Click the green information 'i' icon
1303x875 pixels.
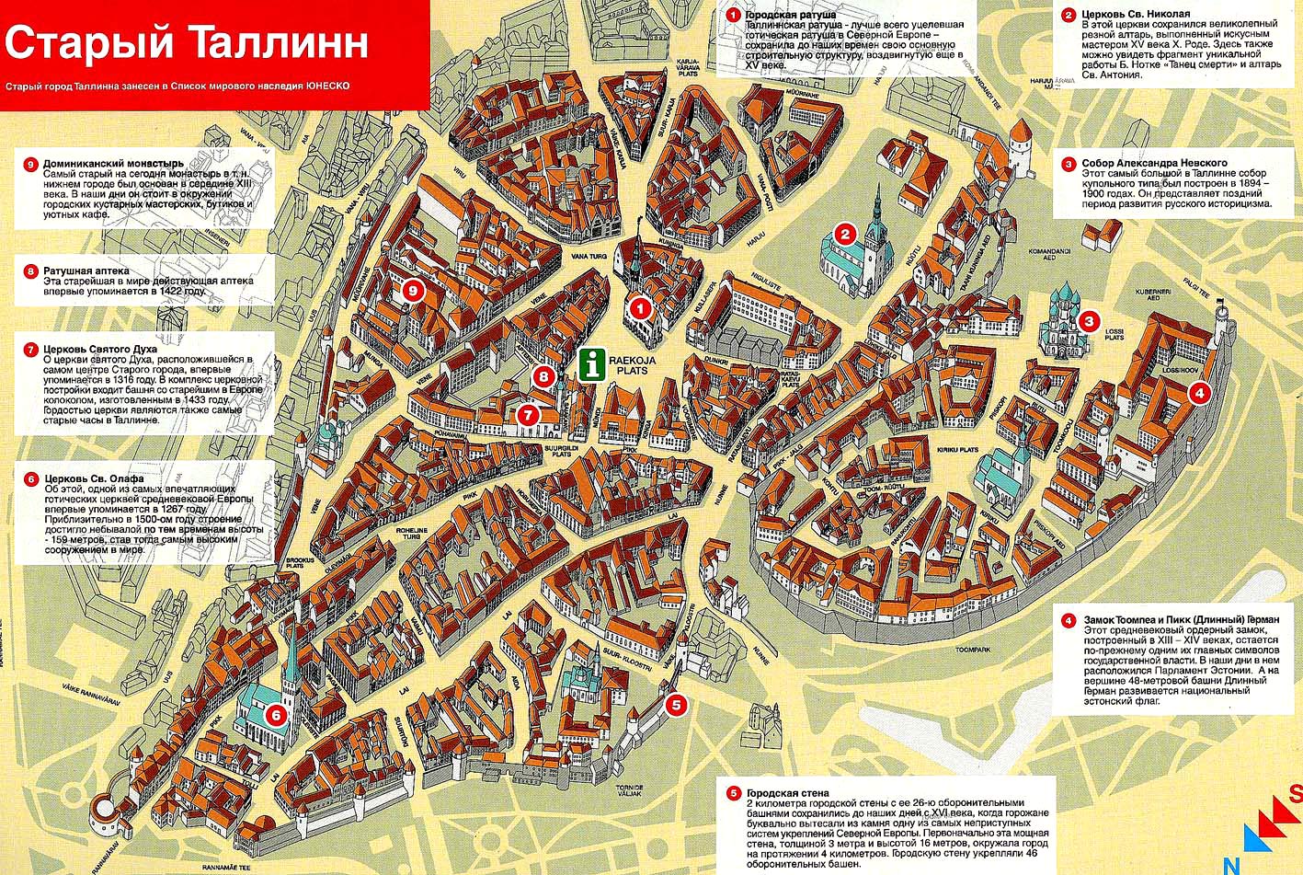click(x=593, y=363)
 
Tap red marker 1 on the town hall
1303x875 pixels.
click(x=641, y=309)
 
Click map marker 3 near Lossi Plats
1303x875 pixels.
click(x=1089, y=321)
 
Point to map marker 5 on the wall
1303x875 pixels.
click(x=675, y=705)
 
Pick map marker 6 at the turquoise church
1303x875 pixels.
click(x=276, y=713)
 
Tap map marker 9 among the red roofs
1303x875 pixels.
click(x=413, y=291)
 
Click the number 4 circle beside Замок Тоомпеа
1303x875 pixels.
click(x=1068, y=620)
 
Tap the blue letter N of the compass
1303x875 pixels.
click(x=1229, y=864)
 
